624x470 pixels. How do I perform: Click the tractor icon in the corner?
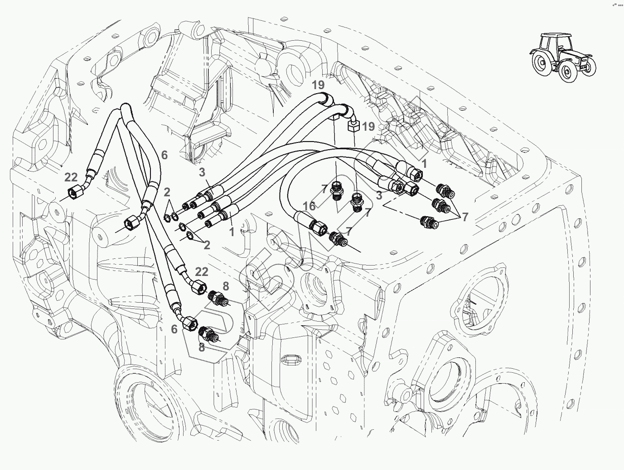coord(561,57)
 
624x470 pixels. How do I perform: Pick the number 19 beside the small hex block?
coord(368,127)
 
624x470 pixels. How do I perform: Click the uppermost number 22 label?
coord(71,178)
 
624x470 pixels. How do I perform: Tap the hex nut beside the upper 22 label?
coord(73,193)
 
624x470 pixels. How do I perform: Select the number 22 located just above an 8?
coord(202,271)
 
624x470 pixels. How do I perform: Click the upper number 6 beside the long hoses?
coord(164,155)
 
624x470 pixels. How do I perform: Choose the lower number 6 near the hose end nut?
coord(174,329)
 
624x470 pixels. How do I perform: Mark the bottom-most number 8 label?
coord(202,347)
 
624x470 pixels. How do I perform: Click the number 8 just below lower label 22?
coord(226,286)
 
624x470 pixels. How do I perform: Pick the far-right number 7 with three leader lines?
coord(465,218)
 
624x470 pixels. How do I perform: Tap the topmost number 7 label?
coord(324,189)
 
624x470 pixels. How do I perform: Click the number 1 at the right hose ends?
coord(425,163)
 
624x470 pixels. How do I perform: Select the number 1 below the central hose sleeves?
coord(232,233)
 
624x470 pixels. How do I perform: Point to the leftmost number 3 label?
coord(202,172)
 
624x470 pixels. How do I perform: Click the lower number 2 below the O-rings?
coord(207,245)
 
